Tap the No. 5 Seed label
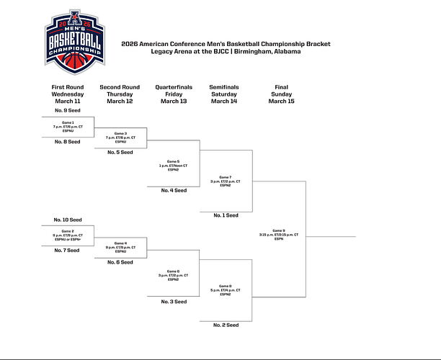point(120,153)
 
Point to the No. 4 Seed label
point(174,190)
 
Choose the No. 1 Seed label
point(226,215)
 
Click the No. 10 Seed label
point(68,219)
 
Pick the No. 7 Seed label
point(68,251)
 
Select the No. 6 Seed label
point(120,262)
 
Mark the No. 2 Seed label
point(226,325)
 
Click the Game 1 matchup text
point(68,127)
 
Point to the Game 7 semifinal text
point(226,181)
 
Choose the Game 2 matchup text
point(68,235)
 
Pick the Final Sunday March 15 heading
point(281,94)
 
